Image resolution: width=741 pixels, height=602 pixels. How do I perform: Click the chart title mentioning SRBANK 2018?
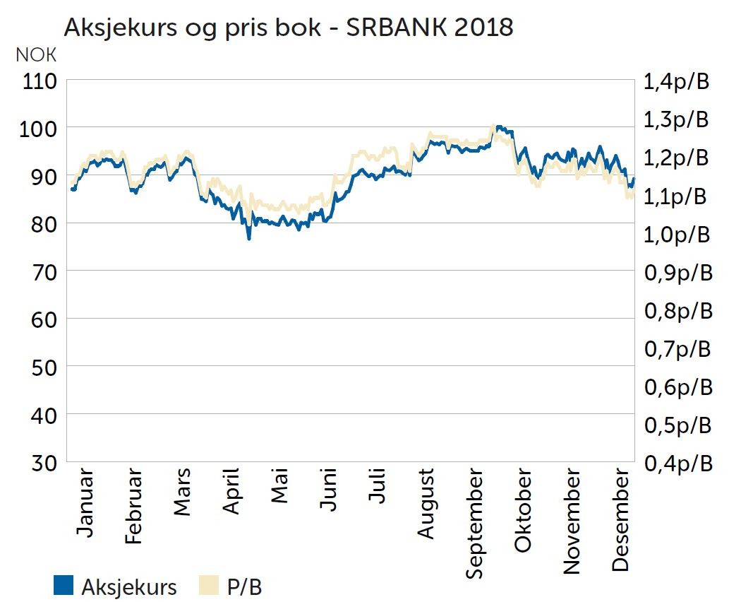pyautogui.click(x=288, y=28)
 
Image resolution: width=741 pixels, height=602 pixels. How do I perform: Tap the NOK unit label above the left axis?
pyautogui.click(x=35, y=56)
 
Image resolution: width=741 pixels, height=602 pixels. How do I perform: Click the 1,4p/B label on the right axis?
pyautogui.click(x=675, y=81)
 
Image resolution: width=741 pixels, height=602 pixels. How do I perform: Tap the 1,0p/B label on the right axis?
pyautogui.click(x=675, y=235)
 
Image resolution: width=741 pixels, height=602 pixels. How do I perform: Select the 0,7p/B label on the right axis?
pyautogui.click(x=676, y=349)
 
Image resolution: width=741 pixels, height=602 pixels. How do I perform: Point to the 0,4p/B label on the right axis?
pyautogui.click(x=676, y=464)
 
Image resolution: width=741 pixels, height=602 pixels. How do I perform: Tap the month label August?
pyautogui.click(x=426, y=502)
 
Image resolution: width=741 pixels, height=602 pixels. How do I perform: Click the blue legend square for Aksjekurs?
pyautogui.click(x=64, y=585)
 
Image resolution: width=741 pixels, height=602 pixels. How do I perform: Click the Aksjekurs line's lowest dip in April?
pyautogui.click(x=248, y=238)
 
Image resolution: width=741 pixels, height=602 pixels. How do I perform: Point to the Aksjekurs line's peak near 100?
pyautogui.click(x=498, y=127)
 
